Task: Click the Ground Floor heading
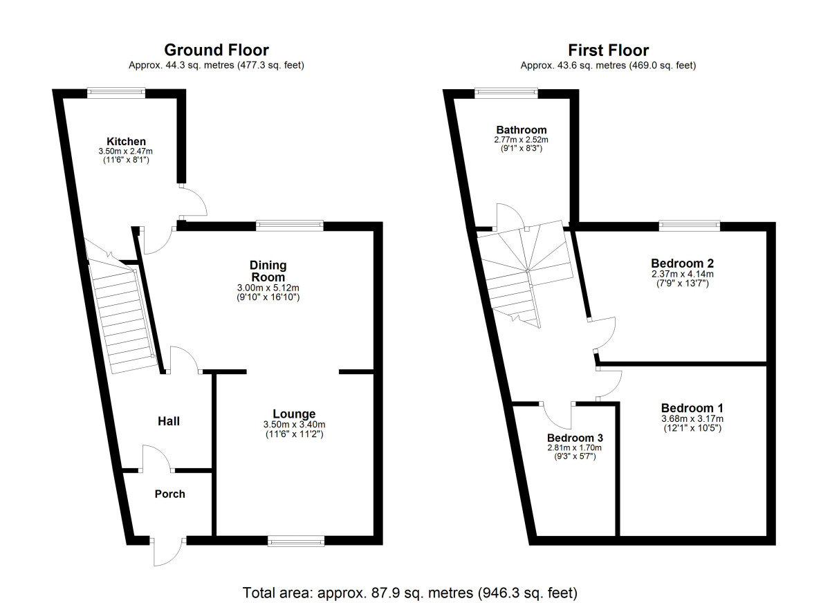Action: tap(216, 50)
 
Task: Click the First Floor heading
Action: tap(608, 50)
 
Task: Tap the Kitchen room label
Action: tap(126, 141)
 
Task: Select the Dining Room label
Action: tap(268, 271)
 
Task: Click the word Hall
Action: tap(169, 420)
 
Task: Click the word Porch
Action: tap(169, 494)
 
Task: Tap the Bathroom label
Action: tap(521, 130)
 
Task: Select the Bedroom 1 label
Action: tap(692, 407)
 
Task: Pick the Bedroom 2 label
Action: tap(682, 263)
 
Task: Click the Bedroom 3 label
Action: tap(575, 438)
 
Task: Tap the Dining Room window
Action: tap(289, 225)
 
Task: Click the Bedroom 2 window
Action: tap(689, 225)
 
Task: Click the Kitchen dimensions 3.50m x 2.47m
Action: tap(126, 151)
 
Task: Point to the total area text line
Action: tap(409, 593)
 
